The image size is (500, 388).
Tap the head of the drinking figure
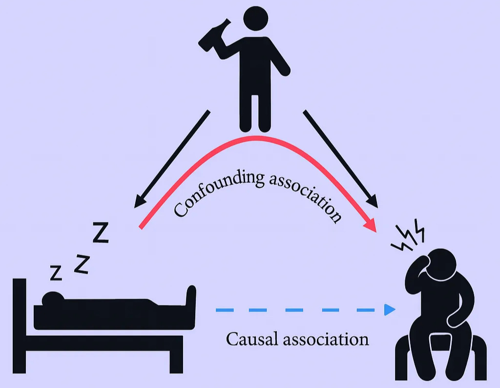pyautogui.click(x=255, y=19)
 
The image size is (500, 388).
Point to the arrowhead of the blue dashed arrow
pyautogui.click(x=389, y=309)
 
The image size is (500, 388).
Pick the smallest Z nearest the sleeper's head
pyautogui.click(x=56, y=273)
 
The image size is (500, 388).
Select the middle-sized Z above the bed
pyautogui.click(x=82, y=264)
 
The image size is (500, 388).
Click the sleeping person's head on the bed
pyautogui.click(x=52, y=297)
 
